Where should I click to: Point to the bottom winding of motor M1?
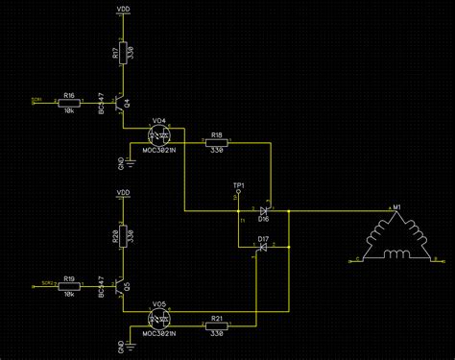tap(395, 254)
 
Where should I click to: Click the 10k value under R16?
tap(69, 110)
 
